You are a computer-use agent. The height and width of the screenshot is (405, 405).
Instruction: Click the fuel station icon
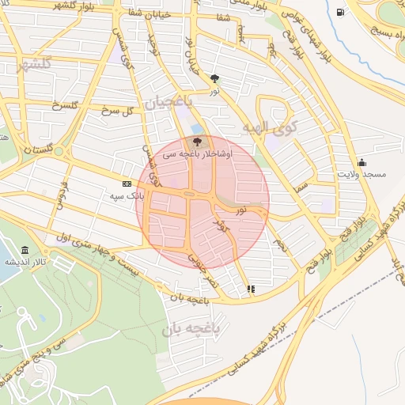pos(340,12)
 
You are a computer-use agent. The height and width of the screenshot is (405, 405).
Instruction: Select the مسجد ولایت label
pos(361,173)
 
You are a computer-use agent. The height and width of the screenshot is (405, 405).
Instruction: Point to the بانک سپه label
pos(126,195)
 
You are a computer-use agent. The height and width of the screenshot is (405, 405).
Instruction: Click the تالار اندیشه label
pos(25,261)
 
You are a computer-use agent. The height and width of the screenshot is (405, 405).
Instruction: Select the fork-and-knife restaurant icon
pos(252,289)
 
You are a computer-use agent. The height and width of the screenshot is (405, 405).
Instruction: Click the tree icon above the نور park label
pos(215,78)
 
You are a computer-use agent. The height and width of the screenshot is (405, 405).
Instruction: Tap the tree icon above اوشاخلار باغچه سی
pos(197,143)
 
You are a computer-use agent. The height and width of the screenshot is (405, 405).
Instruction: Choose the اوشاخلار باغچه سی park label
pos(197,155)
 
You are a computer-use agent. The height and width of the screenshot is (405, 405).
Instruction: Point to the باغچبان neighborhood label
pos(168,102)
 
